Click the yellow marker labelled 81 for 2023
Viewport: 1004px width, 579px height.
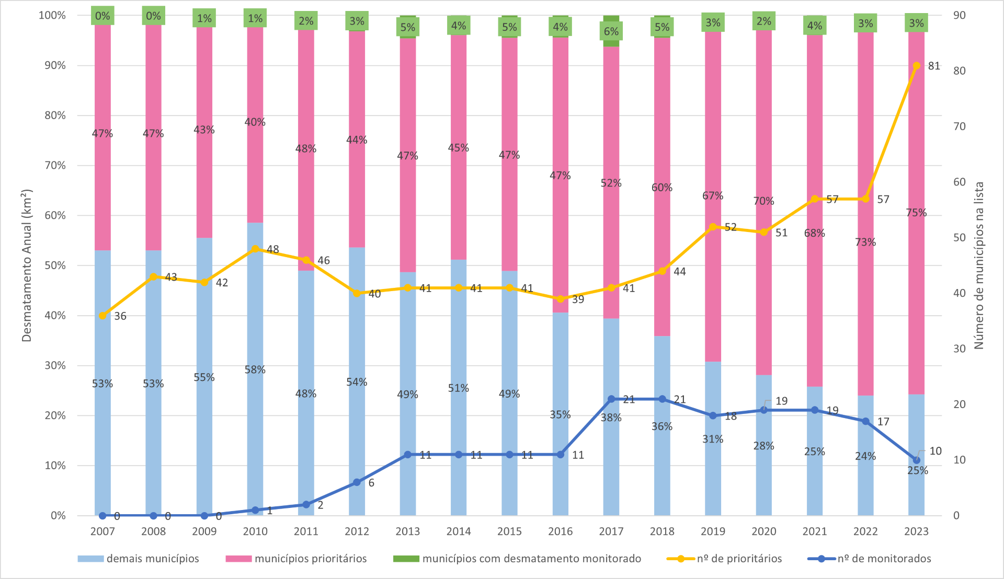click(916, 66)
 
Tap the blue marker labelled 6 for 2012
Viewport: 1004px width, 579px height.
click(357, 482)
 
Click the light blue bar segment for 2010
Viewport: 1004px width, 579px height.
click(255, 418)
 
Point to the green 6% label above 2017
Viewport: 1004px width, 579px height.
click(611, 31)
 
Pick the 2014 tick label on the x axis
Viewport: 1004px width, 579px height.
click(459, 531)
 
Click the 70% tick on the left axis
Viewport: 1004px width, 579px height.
click(55, 166)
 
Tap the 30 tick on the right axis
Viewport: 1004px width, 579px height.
click(959, 349)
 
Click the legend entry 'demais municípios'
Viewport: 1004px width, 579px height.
click(153, 559)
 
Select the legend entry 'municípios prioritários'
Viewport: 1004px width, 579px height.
click(311, 559)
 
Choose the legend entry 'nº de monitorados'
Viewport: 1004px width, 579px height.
click(884, 559)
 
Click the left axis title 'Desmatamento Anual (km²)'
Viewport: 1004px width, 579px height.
click(27, 265)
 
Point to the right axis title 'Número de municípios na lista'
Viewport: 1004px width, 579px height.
click(979, 265)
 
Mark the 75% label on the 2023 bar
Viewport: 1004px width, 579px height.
click(916, 213)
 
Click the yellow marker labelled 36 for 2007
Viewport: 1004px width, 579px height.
click(102, 316)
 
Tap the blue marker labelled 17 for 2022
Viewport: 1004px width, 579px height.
click(865, 421)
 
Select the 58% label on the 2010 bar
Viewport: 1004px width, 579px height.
click(255, 369)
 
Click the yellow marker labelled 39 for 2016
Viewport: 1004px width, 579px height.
click(561, 299)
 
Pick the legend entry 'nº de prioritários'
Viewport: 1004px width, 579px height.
click(739, 559)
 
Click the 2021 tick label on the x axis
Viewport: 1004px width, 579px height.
click(815, 531)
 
